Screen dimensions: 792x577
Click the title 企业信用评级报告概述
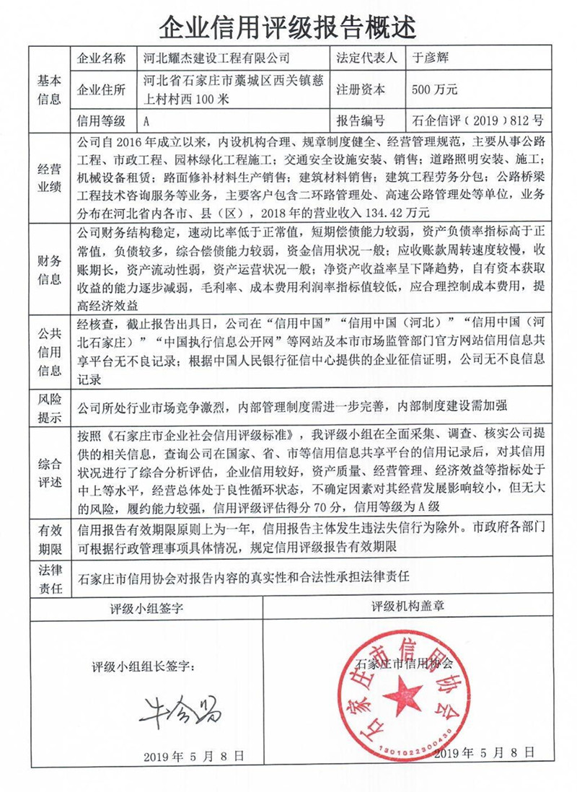[288, 27]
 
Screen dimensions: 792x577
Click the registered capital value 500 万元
[434, 90]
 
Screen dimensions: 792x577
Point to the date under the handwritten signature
[193, 755]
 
